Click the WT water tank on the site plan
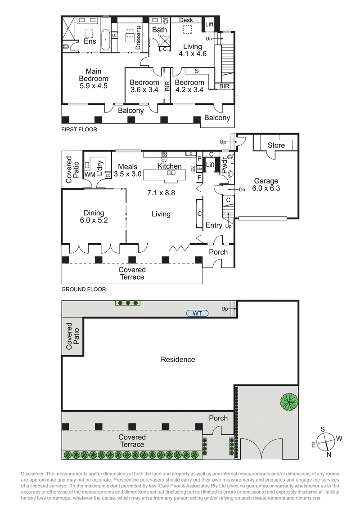point(197,313)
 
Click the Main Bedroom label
point(94,78)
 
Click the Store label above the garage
point(276,145)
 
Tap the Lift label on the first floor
point(209,24)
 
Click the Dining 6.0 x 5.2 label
point(94,217)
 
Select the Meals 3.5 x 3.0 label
point(127,170)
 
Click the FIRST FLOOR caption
point(79,129)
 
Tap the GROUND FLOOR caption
point(83,290)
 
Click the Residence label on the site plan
point(178,359)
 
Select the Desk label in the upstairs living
point(185,20)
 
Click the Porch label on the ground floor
point(218,252)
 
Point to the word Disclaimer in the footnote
point(36,474)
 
